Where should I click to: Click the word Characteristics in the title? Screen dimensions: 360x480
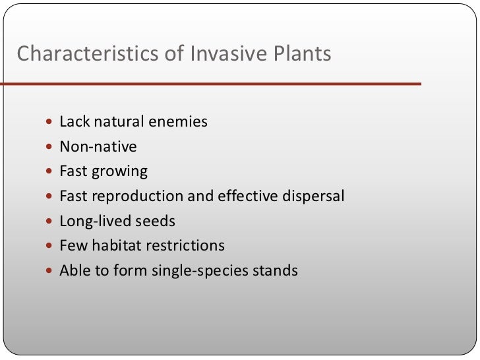[87, 53]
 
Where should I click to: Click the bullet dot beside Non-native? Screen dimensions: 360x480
[51, 147]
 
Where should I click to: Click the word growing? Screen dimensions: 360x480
[120, 172]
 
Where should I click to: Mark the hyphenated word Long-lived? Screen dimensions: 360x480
[91, 221]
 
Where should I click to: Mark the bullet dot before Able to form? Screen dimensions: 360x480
[51, 271]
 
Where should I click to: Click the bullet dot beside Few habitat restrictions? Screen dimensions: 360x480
[51, 247]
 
